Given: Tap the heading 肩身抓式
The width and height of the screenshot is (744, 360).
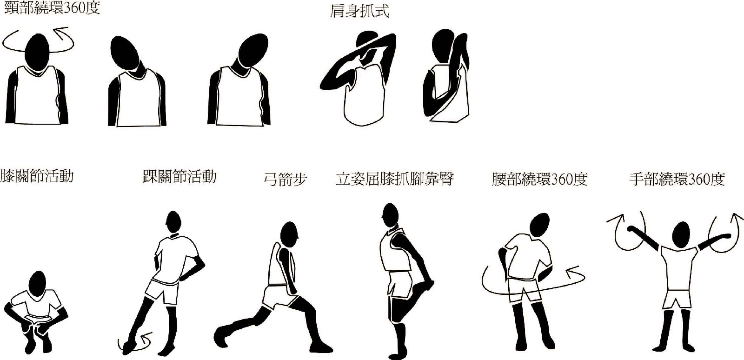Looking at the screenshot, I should [x=359, y=11].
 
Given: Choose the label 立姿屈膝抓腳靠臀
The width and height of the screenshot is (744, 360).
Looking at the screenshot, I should [x=394, y=179].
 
